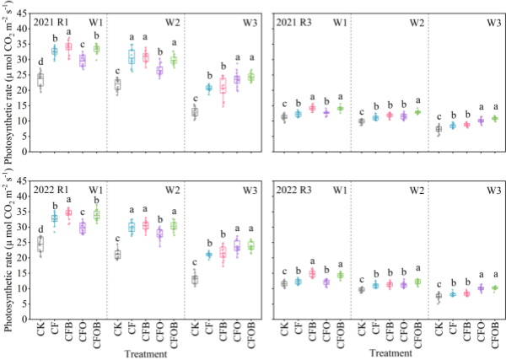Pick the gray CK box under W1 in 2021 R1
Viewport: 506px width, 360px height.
40,80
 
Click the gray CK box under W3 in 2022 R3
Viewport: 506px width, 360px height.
439,296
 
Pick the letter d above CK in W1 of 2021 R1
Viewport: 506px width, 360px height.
40,61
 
